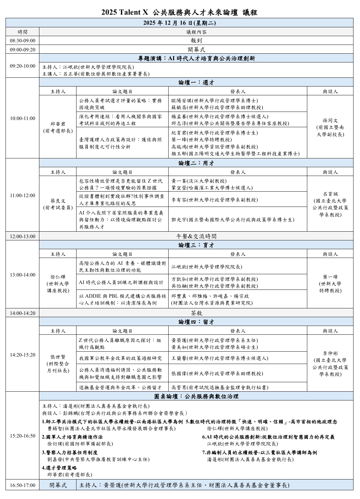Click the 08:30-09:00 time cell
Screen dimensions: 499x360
pyautogui.click(x=22, y=41)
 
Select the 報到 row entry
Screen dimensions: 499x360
pyautogui.click(x=196, y=41)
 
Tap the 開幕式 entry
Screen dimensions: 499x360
pyautogui.click(x=196, y=49)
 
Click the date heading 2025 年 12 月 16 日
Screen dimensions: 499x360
pyautogui.click(x=179, y=23)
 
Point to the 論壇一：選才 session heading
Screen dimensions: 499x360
pyautogui.click(x=196, y=82)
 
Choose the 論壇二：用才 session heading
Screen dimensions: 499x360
pyautogui.click(x=196, y=163)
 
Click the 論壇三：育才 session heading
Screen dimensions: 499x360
pyautogui.click(x=196, y=245)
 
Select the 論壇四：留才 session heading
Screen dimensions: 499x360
pyautogui.click(x=196, y=322)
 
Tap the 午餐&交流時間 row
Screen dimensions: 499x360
pyautogui.click(x=196, y=236)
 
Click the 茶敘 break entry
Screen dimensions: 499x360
pyautogui.click(x=196, y=313)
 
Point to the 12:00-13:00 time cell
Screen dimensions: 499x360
pyautogui.click(x=22, y=236)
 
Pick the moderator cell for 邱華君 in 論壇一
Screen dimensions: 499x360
pyautogui.click(x=58, y=127)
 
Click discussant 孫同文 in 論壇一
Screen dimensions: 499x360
pyautogui.click(x=330, y=127)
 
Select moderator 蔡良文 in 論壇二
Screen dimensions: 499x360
pyautogui.click(x=58, y=204)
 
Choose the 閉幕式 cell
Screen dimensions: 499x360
pyautogui.click(x=58, y=485)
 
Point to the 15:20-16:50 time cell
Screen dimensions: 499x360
pyautogui.click(x=22, y=436)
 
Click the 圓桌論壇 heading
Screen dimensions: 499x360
pyautogui.click(x=196, y=396)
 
